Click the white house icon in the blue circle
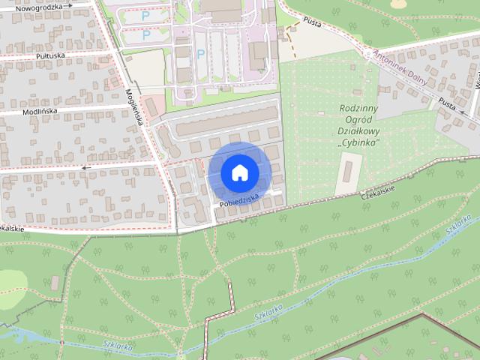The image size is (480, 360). (239, 173)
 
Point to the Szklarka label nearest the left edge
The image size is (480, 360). (118, 346)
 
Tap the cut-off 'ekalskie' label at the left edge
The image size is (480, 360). (12, 228)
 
